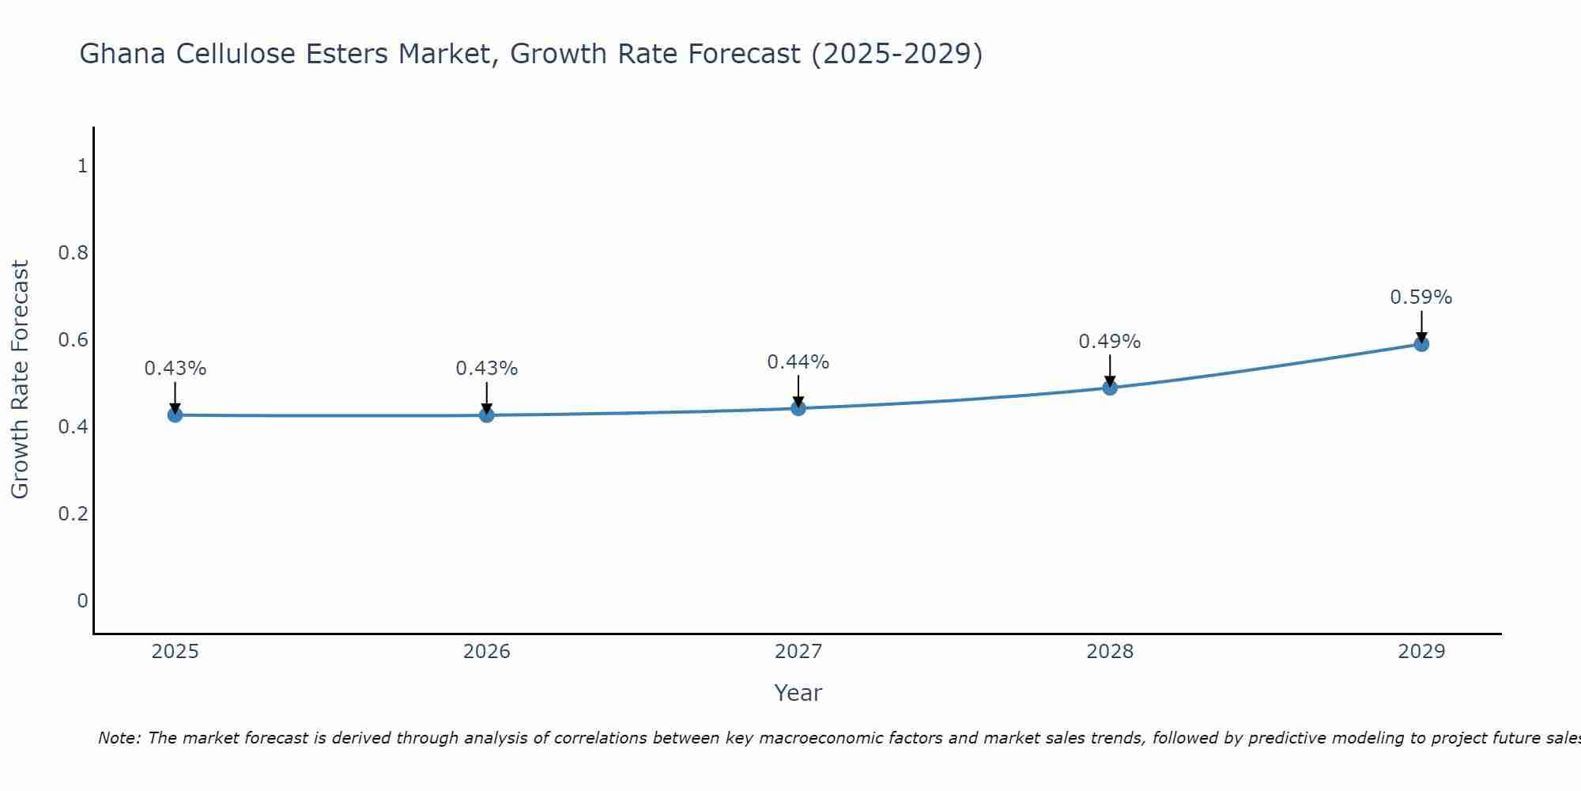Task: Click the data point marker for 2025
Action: pos(175,415)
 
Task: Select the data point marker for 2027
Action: pos(798,408)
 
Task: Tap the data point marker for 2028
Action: pos(1110,388)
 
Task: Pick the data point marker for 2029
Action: pos(1421,344)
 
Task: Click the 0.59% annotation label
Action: pos(1421,298)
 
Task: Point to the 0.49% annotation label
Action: pos(1109,342)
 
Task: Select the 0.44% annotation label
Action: pos(798,362)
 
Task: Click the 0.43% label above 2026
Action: pos(486,369)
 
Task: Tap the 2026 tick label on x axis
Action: pos(486,652)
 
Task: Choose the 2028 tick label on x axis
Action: pos(1109,652)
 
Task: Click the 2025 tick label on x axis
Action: pos(175,652)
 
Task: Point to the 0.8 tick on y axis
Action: pos(73,253)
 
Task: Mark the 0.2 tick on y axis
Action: pos(73,514)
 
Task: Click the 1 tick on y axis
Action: pos(81,166)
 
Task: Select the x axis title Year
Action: pos(798,693)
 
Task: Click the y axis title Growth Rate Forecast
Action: pos(21,380)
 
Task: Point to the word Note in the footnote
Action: pos(119,738)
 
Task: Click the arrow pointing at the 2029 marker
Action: pos(1421,326)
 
